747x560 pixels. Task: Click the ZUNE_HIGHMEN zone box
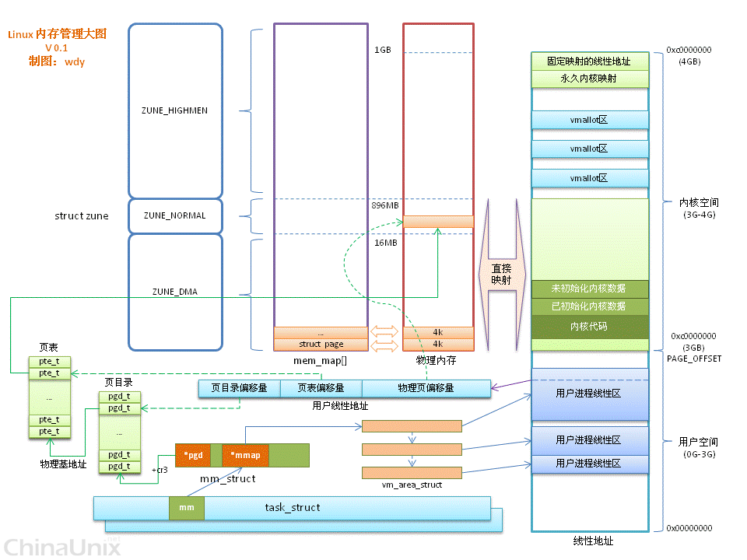pyautogui.click(x=175, y=110)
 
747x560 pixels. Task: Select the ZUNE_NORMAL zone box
pyautogui.click(x=175, y=215)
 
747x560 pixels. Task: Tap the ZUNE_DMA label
pyautogui.click(x=175, y=292)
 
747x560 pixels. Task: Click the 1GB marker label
pyautogui.click(x=382, y=50)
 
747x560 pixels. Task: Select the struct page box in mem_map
pyautogui.click(x=320, y=344)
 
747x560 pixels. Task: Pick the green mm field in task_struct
pyautogui.click(x=187, y=508)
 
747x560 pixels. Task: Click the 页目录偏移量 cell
pyautogui.click(x=237, y=387)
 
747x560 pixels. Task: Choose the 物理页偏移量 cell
pyautogui.click(x=426, y=387)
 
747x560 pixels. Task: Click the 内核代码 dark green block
pyautogui.click(x=589, y=327)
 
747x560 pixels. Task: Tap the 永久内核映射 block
pyautogui.click(x=589, y=79)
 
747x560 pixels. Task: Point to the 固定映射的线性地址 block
pyautogui.click(x=589, y=61)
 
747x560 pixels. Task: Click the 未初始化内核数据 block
pyautogui.click(x=589, y=289)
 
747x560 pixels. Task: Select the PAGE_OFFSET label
pyautogui.click(x=694, y=359)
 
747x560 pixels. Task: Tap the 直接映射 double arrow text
pyautogui.click(x=501, y=274)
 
